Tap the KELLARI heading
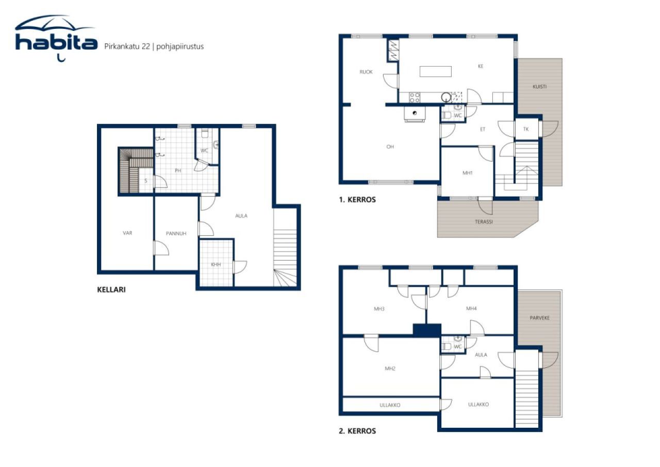[111, 289]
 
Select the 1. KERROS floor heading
[357, 200]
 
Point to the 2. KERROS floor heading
[357, 431]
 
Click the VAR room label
[127, 233]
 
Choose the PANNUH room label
[176, 234]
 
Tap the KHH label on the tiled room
[216, 265]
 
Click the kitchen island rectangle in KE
[435, 71]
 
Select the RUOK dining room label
[366, 72]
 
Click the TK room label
[526, 129]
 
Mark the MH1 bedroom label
[468, 173]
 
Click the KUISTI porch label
[539, 87]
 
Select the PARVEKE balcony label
[539, 318]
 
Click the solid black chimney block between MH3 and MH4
[427, 330]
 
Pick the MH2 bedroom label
[390, 368]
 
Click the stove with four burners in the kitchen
[415, 97]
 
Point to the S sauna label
[146, 181]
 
